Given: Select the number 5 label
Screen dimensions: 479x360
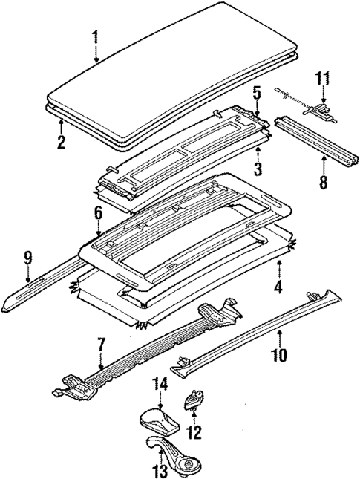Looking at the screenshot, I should (255, 94).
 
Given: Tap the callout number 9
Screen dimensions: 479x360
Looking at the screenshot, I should (27, 258).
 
